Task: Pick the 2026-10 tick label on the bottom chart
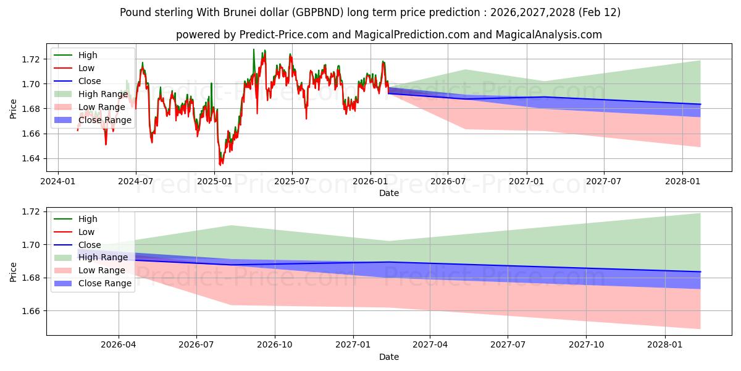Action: coord(275,344)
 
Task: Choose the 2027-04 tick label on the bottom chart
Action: coord(430,344)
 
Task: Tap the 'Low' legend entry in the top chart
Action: coord(86,68)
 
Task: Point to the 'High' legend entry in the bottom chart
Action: coord(88,219)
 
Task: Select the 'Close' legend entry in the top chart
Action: coord(90,81)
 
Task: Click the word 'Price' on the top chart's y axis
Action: coord(14,109)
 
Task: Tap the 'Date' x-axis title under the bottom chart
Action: coord(389,357)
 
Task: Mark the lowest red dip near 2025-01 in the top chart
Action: coord(220,165)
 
